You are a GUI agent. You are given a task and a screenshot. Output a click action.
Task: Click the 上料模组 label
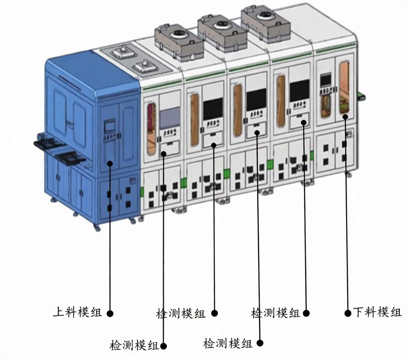(x=77, y=312)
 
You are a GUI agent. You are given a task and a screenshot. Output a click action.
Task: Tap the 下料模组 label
(x=377, y=312)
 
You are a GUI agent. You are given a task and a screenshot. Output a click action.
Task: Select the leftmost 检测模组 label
(x=134, y=345)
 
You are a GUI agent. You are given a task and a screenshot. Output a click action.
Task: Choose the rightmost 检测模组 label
(x=275, y=312)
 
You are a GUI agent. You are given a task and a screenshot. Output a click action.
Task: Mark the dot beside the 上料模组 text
(x=110, y=313)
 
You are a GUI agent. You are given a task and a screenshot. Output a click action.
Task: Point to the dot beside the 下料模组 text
(x=348, y=313)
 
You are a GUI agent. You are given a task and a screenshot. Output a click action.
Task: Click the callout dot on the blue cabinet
(x=110, y=163)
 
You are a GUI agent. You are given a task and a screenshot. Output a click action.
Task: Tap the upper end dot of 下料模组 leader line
(x=345, y=117)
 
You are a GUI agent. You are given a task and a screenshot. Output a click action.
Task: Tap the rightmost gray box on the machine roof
(x=265, y=23)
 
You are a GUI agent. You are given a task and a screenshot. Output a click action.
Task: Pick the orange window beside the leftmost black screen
(x=195, y=120)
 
